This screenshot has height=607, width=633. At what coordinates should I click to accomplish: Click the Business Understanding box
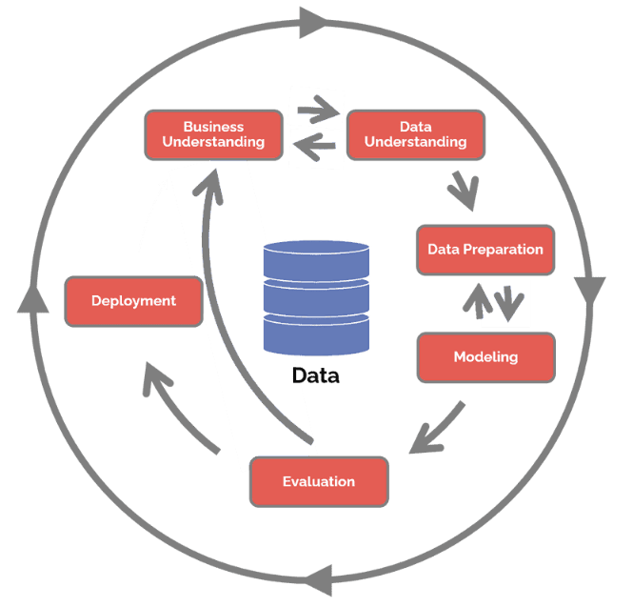click(x=213, y=134)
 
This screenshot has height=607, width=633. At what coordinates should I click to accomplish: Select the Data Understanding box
click(x=415, y=134)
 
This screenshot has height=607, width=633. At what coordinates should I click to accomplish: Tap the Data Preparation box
click(x=485, y=250)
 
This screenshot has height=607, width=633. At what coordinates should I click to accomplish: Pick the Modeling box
click(x=485, y=357)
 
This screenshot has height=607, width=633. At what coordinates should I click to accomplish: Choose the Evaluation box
click(x=319, y=481)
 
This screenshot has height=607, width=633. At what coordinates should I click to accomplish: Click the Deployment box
click(x=133, y=301)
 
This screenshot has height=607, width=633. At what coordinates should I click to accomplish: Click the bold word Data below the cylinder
click(x=316, y=375)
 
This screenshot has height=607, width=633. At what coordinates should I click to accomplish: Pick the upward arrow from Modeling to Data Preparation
click(x=478, y=300)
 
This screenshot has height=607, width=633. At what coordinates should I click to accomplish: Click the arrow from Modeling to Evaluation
click(x=434, y=429)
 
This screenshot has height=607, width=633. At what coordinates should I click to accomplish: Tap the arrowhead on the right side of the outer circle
click(x=591, y=292)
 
